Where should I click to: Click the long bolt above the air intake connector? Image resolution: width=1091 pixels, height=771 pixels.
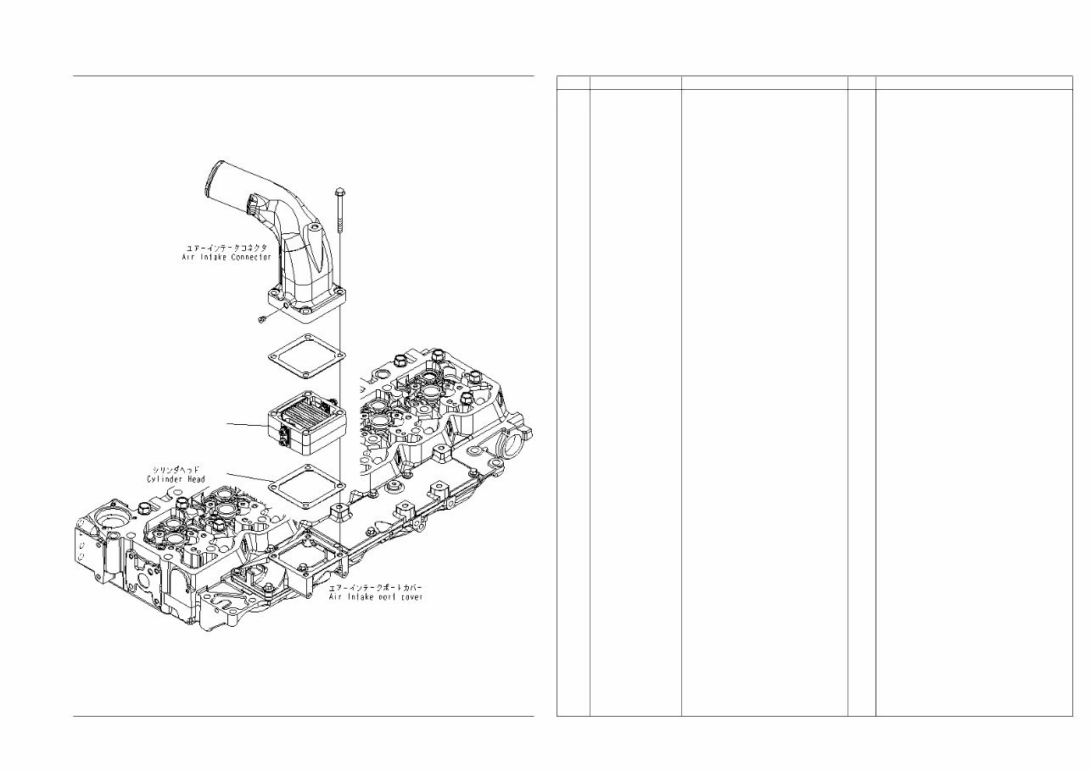click(339, 207)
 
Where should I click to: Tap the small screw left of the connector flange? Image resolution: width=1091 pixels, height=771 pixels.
click(263, 317)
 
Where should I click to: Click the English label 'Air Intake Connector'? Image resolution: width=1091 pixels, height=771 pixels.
click(226, 256)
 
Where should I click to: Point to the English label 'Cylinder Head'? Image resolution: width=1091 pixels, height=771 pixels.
click(176, 479)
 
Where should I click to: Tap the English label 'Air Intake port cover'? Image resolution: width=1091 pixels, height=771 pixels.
click(376, 597)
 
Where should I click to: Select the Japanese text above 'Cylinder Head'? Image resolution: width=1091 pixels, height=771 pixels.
click(176, 469)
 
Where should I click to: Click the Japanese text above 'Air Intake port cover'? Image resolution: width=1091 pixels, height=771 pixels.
click(376, 587)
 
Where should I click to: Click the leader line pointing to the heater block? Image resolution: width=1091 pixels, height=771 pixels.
click(246, 423)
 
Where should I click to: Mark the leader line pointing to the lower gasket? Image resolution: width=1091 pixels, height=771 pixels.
click(248, 477)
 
